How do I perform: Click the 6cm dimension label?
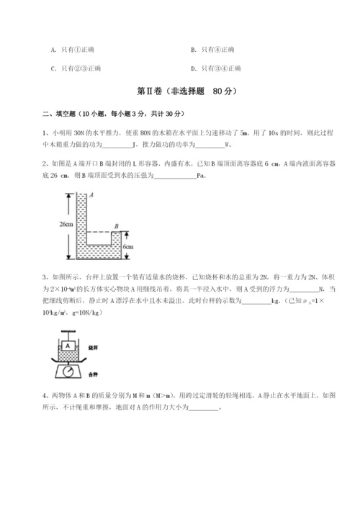pos(128,246)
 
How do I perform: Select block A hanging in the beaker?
pos(67,344)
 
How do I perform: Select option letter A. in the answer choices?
pos(54,50)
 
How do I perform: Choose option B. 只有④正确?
pos(213,50)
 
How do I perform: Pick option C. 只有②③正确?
pos(76,69)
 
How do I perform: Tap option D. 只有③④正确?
pos(217,69)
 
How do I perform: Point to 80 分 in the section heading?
pos(221,93)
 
